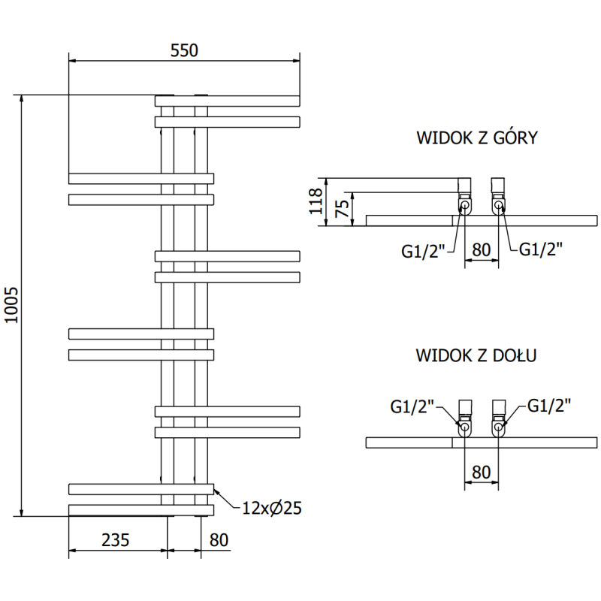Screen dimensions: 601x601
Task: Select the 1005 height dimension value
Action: (x=11, y=306)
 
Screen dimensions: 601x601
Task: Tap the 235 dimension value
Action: (x=116, y=539)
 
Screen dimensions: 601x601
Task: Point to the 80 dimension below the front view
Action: (x=219, y=539)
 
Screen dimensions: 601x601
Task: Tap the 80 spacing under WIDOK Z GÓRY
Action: (x=482, y=249)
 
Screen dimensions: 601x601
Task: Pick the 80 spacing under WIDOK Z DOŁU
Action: (x=482, y=472)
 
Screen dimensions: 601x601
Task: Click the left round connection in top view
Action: (x=465, y=205)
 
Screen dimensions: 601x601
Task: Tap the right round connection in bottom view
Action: (x=499, y=427)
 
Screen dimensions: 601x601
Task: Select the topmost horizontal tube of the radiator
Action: (x=227, y=101)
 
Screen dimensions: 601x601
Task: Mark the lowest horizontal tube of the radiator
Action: (x=141, y=510)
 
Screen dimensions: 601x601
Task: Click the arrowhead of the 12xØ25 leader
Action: (x=216, y=491)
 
